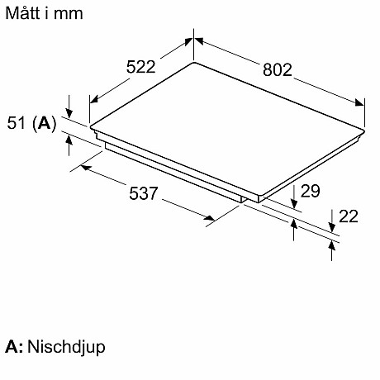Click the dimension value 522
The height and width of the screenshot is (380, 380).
(140, 67)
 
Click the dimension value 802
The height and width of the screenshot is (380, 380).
(277, 70)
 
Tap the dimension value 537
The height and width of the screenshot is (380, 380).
(144, 193)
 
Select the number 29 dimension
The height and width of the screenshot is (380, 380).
(310, 191)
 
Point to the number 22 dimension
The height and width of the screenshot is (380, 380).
(349, 216)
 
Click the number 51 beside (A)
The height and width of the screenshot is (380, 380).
(17, 123)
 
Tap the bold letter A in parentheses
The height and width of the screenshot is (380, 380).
(45, 123)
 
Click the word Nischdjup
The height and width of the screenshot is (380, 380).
(66, 347)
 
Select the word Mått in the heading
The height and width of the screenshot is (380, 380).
(22, 13)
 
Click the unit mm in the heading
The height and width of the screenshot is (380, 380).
(69, 14)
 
